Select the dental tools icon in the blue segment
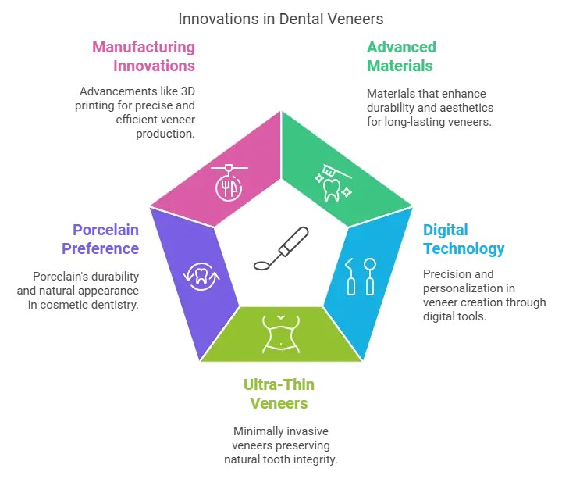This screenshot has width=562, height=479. (x=361, y=276)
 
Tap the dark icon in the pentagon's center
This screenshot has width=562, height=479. (x=281, y=249)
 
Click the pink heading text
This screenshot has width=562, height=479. (x=144, y=57)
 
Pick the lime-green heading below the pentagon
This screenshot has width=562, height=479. (x=281, y=395)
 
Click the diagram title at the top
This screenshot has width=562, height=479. (x=281, y=16)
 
